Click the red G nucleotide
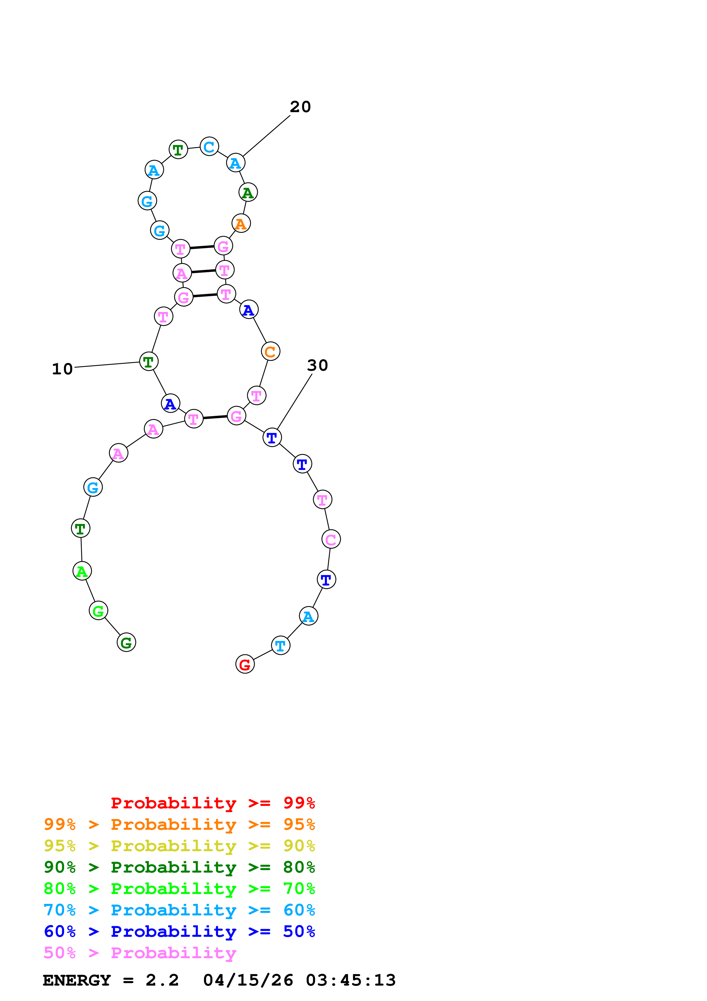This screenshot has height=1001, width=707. point(245,664)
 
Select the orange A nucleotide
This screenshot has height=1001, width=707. point(241,224)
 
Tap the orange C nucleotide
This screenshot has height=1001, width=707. point(271,351)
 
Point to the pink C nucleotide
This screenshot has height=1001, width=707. point(331,539)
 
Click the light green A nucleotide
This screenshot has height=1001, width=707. point(82,571)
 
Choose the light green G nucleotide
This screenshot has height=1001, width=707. point(98,611)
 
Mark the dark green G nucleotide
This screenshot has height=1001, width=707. point(126,642)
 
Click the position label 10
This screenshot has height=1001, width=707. point(62,369)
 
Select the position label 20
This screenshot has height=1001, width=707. point(300,107)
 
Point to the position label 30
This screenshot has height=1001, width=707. point(317,365)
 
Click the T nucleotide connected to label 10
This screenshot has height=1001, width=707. point(149,362)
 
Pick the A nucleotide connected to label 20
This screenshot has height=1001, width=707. point(236,163)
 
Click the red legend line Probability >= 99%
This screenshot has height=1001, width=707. point(212,803)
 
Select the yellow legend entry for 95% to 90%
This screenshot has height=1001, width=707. point(179,846)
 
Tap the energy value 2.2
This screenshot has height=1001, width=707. point(162,980)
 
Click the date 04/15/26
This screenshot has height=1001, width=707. point(248,980)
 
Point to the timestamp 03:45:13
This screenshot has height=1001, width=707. point(351,980)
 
